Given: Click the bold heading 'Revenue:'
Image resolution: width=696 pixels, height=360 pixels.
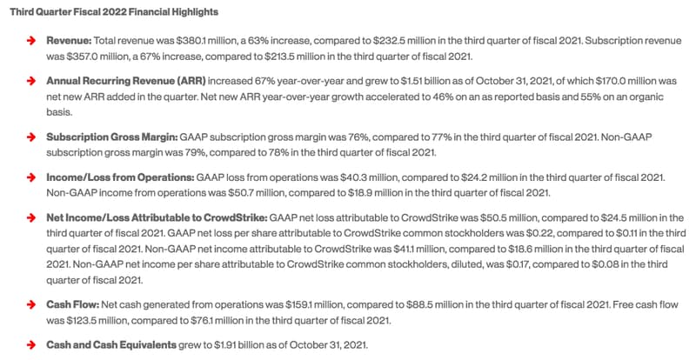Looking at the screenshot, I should [70, 42].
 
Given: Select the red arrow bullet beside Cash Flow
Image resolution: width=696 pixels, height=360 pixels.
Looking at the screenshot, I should [30, 306].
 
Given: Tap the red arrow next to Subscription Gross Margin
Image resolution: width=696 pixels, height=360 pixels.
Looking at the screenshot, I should [30, 137].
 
